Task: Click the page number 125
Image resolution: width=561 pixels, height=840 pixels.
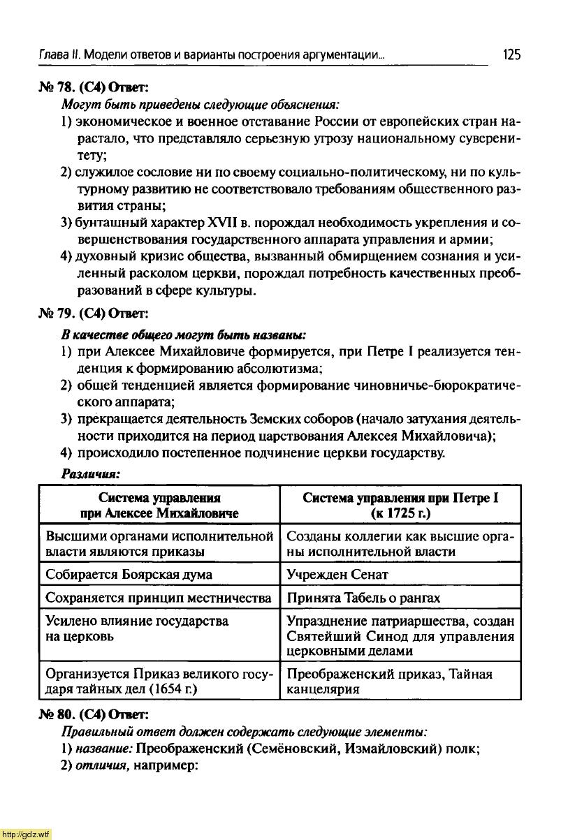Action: coord(511,54)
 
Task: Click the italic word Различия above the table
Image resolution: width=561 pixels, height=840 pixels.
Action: coord(91,473)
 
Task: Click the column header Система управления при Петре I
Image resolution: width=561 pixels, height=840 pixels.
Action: coord(400,506)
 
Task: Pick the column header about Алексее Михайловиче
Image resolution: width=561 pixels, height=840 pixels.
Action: coord(159,506)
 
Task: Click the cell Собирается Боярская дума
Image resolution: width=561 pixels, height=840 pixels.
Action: coord(129,575)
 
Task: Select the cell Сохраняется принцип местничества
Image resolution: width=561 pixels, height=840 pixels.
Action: coord(158,598)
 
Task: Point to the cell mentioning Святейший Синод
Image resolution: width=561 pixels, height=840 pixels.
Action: coord(400,635)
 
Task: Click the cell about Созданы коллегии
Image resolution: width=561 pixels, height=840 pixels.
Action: coord(400,544)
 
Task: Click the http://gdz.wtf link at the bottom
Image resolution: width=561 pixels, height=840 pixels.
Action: coord(26,834)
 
